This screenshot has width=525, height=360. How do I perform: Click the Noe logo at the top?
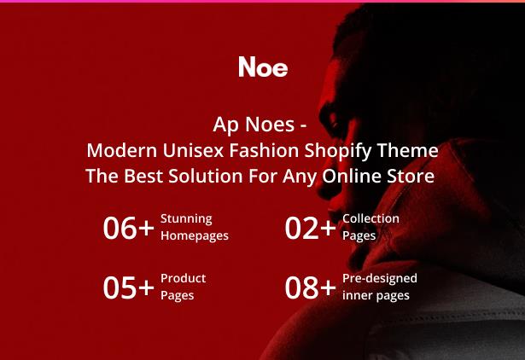[263, 67]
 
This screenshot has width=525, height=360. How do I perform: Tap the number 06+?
[129, 228]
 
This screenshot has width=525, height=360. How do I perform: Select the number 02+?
[311, 228]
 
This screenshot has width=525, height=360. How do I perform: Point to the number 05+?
[129, 287]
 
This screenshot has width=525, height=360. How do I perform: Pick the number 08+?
[311, 287]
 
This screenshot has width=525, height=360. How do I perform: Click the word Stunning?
[186, 219]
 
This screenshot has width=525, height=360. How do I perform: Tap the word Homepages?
[195, 236]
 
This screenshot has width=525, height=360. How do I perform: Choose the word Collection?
[370, 218]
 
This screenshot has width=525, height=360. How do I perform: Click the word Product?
[184, 278]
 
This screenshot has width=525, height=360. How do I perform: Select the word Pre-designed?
[380, 279]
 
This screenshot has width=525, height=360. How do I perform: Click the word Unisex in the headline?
[193, 150]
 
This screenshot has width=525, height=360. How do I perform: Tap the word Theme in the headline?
[408, 150]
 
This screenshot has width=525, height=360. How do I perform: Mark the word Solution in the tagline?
[205, 176]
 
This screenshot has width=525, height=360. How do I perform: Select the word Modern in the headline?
[122, 150]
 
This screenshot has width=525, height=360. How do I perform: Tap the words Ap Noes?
[254, 125]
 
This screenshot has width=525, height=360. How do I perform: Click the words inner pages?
[376, 296]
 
